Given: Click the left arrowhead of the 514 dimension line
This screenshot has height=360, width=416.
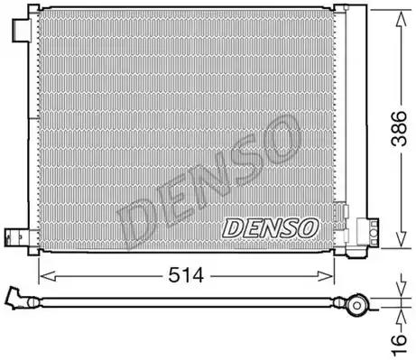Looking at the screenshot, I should (42, 274).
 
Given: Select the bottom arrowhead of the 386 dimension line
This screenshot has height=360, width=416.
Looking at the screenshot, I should (398, 245).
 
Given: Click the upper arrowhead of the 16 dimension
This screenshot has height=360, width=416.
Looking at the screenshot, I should (398, 298).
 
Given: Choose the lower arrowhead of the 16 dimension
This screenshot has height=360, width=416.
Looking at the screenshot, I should (398, 316).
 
